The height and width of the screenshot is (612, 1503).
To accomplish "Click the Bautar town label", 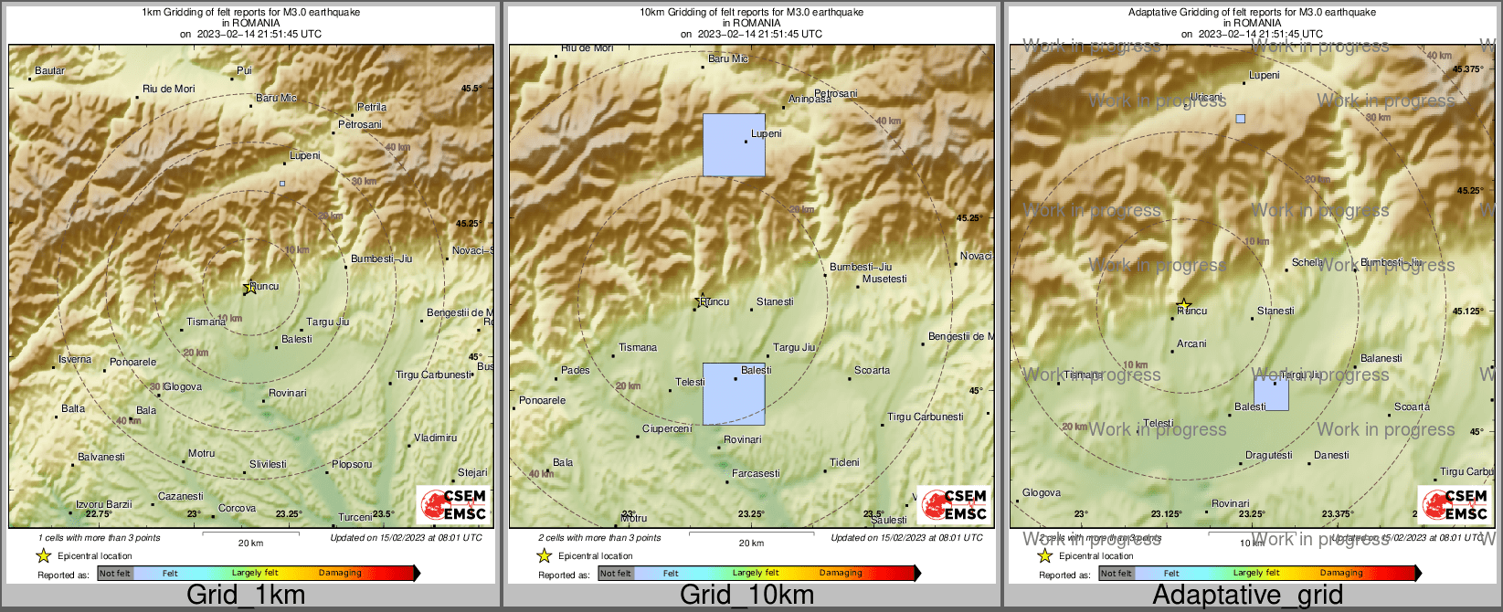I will tap(50, 70).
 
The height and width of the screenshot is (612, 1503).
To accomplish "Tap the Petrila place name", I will tap(372, 107).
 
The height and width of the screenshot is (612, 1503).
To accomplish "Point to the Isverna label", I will tap(75, 359).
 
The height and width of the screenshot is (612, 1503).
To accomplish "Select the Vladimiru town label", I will tap(435, 438).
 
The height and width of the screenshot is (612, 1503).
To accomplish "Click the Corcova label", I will tap(237, 508).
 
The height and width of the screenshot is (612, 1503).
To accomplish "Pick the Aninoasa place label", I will tap(810, 100).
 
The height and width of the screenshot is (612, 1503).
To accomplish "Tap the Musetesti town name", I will tap(884, 279).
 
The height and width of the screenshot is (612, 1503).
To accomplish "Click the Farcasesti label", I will tap(756, 473).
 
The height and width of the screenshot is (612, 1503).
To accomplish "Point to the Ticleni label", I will tap(844, 462).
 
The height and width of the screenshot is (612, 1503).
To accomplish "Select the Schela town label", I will tap(1307, 262).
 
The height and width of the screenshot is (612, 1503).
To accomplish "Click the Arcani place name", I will tap(1191, 343).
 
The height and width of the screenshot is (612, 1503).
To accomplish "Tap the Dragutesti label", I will tap(1269, 455).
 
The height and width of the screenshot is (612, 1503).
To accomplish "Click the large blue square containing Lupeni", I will tap(734, 144).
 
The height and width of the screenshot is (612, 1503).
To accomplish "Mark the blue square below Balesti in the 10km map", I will tap(734, 395).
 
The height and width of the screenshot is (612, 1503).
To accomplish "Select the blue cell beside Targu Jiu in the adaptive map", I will tap(1271, 394).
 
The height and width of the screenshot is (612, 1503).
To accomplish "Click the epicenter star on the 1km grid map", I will tap(249, 288).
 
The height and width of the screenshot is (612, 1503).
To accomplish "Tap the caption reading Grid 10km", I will tap(746, 596).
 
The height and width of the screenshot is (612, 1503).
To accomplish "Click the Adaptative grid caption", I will tap(1247, 596).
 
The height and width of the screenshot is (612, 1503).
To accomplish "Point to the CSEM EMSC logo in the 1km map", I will tap(453, 504).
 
